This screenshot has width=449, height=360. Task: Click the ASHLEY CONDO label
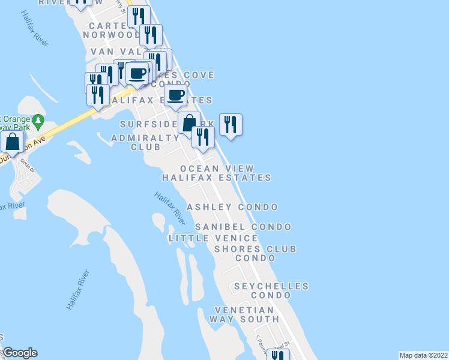tap(232, 207)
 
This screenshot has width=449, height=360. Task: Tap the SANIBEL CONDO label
tap(243, 227)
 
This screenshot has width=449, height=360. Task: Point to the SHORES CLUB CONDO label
tap(255, 253)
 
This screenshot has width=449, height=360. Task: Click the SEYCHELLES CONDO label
tap(271, 291)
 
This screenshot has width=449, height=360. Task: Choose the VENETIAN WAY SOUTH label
tap(244, 314)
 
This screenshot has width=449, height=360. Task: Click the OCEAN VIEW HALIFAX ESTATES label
tap(217, 173)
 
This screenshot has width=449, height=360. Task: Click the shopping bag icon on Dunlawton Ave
tap(12, 142)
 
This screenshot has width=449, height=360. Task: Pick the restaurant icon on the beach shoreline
tap(231, 125)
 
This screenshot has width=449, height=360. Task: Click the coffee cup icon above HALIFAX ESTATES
tap(176, 95)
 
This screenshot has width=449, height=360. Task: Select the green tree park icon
tap(38, 121)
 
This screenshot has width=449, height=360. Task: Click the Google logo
tap(20, 353)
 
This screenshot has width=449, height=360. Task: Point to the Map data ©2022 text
tap(423, 355)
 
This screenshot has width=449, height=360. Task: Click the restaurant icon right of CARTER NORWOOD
tap(150, 35)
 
